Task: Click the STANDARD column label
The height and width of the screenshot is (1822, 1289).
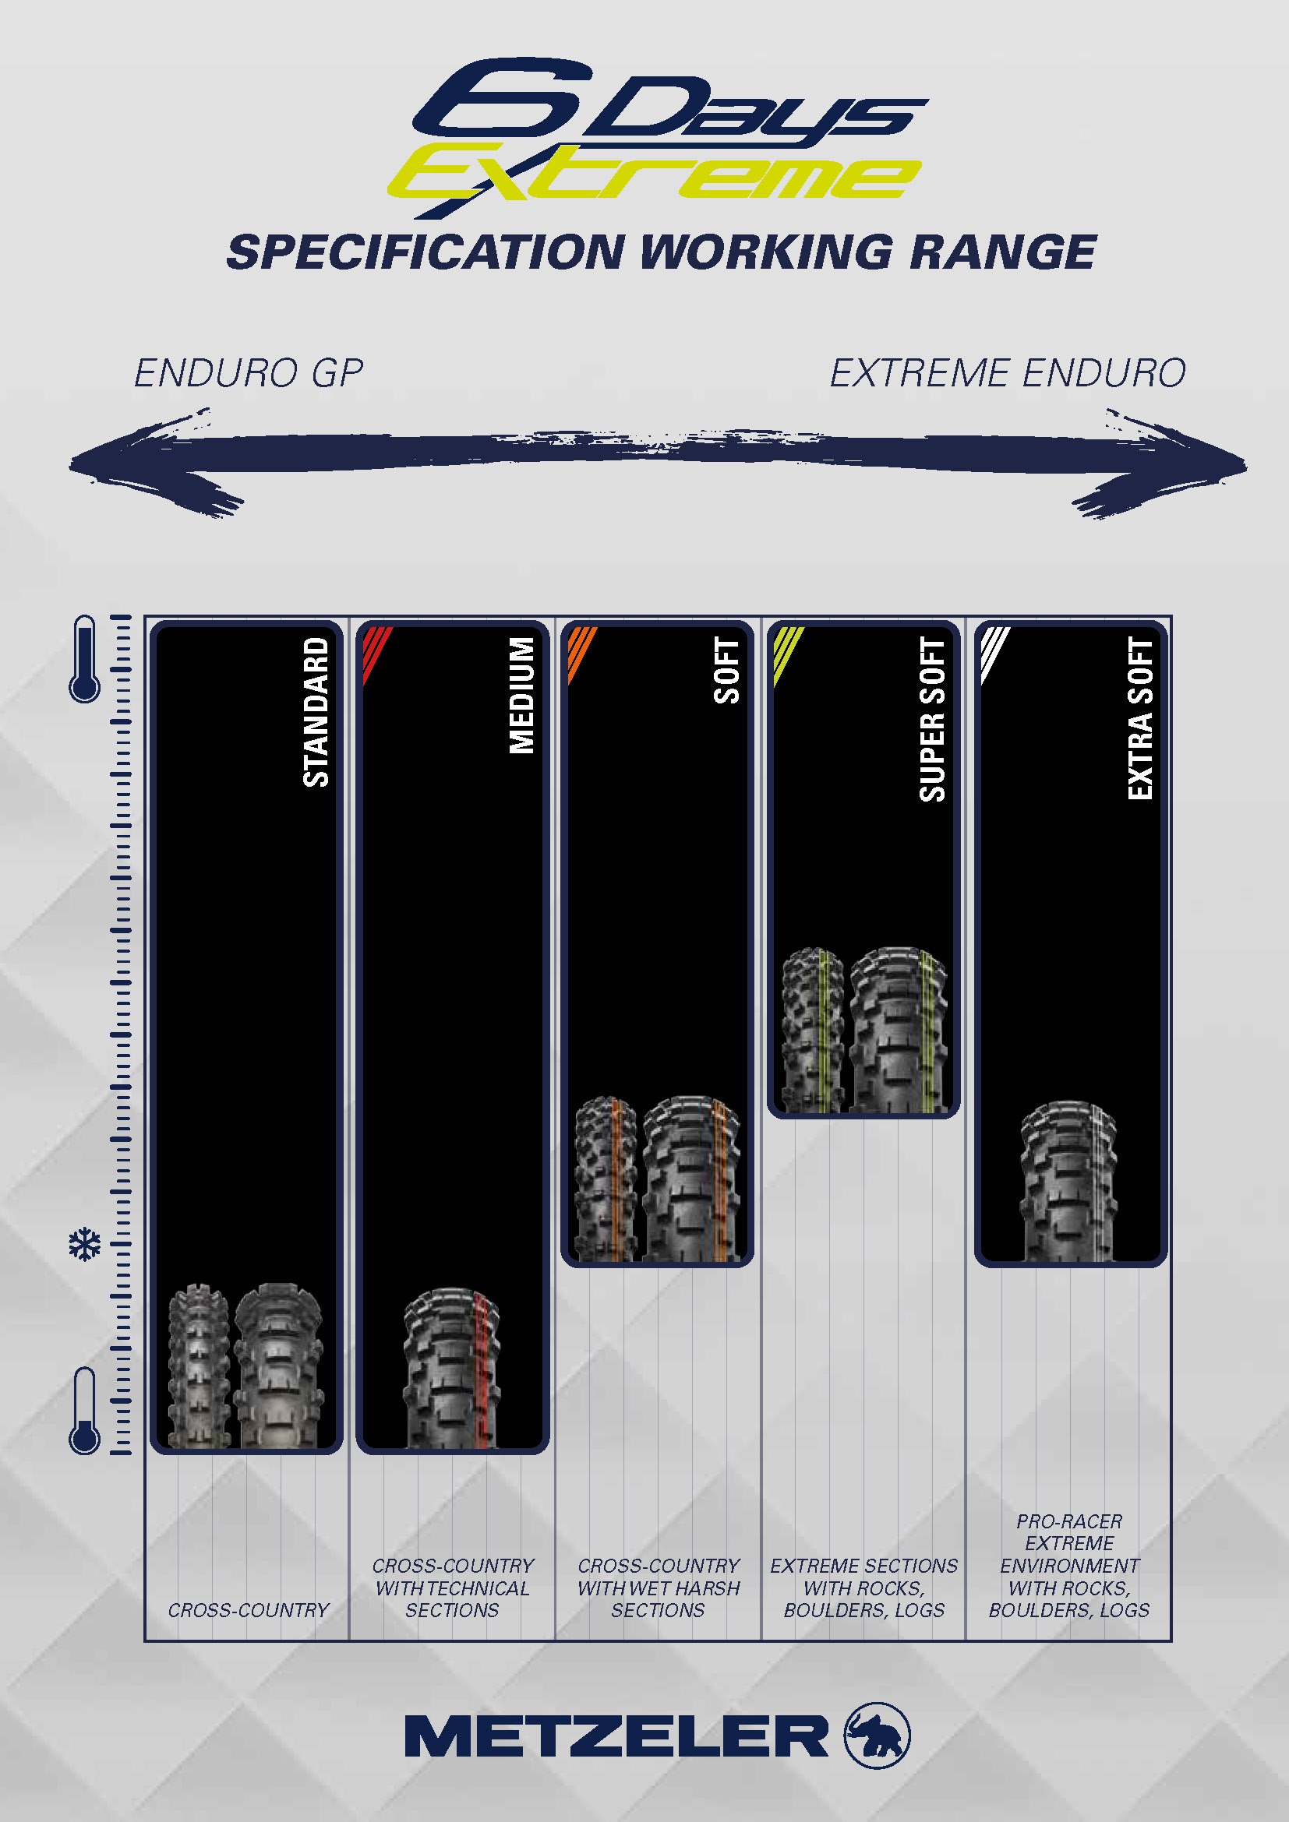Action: click(316, 711)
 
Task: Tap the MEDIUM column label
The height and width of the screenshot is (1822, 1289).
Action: click(521, 695)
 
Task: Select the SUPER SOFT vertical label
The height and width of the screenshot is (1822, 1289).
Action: click(933, 719)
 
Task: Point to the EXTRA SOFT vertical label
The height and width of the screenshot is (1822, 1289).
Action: click(1140, 719)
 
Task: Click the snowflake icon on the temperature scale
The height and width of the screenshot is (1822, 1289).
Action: click(85, 1244)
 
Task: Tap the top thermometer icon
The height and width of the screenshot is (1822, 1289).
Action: click(85, 659)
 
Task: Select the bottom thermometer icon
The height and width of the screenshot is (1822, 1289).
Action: click(85, 1410)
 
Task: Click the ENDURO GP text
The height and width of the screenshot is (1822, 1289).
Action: click(249, 373)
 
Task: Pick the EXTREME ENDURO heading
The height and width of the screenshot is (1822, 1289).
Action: click(1007, 373)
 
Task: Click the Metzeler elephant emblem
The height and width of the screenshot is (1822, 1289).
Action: click(876, 1736)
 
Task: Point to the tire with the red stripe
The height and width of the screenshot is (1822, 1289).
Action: click(453, 1369)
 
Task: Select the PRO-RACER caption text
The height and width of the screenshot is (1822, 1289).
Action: click(1069, 1521)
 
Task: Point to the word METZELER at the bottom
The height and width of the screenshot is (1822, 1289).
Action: click(616, 1736)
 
